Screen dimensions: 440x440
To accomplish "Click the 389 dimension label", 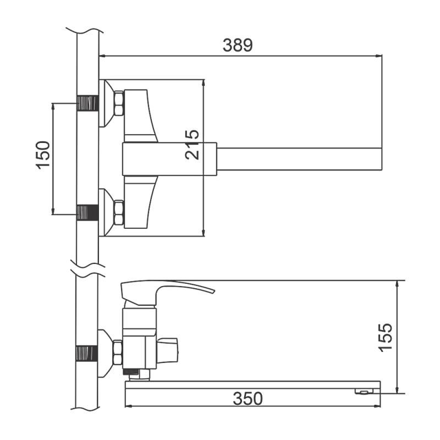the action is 238,45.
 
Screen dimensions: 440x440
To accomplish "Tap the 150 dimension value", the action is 43,155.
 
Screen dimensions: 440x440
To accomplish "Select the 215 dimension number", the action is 192,145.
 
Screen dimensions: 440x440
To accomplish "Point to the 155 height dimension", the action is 385,338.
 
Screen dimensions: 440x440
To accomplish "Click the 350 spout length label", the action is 248,398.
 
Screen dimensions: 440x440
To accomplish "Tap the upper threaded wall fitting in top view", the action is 88,103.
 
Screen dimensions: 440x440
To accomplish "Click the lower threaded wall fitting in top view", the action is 88,212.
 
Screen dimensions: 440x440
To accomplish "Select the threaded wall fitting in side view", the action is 87,353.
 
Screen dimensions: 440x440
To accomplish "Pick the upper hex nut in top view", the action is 119,103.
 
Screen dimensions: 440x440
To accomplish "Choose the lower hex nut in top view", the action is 119,212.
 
